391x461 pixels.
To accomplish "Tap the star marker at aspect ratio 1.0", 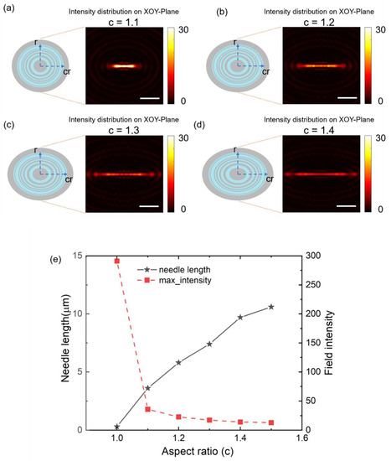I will [x=117, y=426].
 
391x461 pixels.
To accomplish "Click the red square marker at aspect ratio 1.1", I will [x=148, y=409].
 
